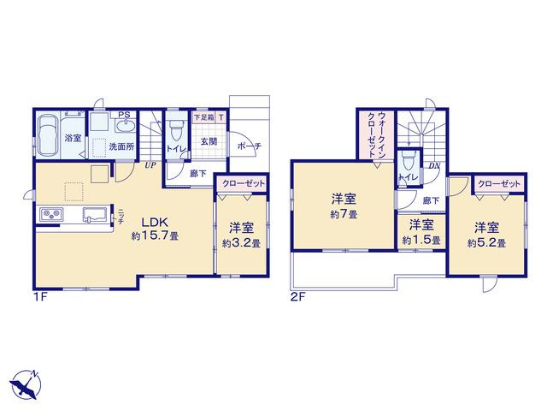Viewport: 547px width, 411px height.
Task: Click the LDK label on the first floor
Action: click(x=155, y=222)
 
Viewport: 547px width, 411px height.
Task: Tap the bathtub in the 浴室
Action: click(x=48, y=135)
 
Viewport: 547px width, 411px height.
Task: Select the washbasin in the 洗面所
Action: click(x=125, y=126)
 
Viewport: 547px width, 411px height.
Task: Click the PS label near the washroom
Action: click(x=124, y=115)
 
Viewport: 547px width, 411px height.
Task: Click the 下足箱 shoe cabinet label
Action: click(x=203, y=117)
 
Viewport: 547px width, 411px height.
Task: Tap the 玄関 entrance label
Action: click(x=209, y=141)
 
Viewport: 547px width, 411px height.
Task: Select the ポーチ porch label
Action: click(x=249, y=146)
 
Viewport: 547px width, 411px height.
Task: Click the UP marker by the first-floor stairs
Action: click(x=150, y=165)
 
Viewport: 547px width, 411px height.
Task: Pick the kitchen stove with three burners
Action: click(x=51, y=213)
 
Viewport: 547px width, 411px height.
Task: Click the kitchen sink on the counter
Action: click(x=94, y=214)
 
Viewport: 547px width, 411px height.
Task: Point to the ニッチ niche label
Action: click(x=121, y=217)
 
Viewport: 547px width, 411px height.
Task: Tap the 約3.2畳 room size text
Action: click(x=241, y=243)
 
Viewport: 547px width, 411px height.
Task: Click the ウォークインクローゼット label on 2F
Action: click(x=377, y=135)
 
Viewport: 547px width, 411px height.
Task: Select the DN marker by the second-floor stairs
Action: click(x=434, y=165)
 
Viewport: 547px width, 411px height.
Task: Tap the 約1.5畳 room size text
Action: click(x=421, y=241)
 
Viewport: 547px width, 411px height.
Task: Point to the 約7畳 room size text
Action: click(x=344, y=214)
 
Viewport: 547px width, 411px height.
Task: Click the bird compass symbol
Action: click(x=25, y=385)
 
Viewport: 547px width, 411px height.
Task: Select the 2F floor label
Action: click(x=298, y=297)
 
